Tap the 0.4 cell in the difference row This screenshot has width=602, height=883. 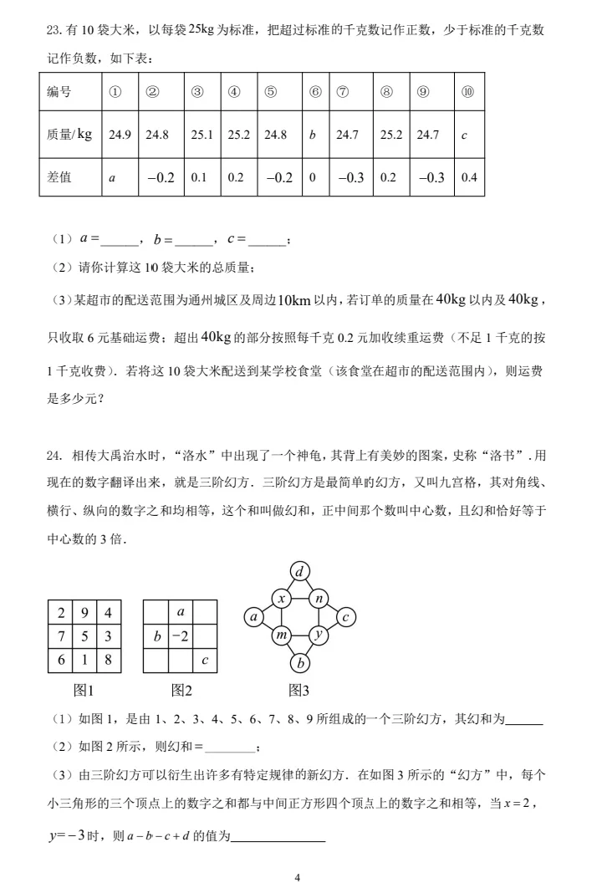469,177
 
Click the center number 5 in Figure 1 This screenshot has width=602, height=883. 84,637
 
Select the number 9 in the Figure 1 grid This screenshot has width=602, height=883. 84,613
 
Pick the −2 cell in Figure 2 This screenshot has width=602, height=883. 181,637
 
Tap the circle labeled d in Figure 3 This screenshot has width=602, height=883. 299,572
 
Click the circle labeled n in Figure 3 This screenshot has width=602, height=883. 319,600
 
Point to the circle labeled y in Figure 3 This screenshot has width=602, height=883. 319,636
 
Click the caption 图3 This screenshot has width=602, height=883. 298,691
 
